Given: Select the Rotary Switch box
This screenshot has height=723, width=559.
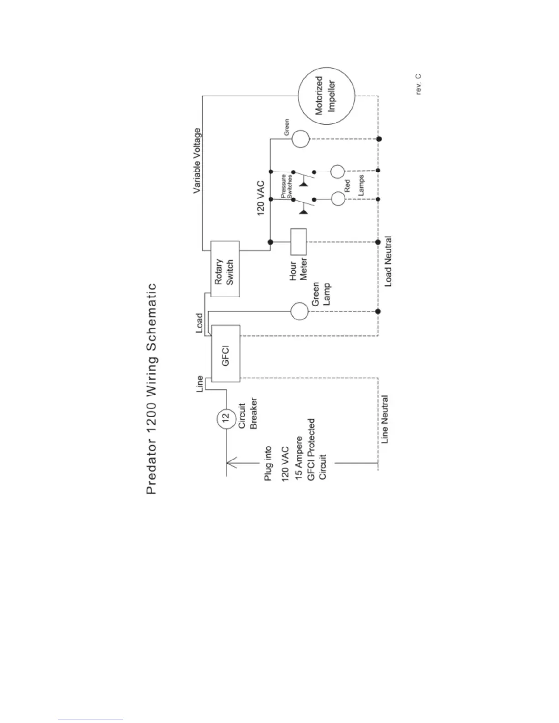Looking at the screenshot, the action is coord(225,269).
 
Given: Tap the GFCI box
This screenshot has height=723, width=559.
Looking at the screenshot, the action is coord(225,353).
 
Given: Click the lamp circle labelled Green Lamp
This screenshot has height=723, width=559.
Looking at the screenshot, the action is coord(300,312).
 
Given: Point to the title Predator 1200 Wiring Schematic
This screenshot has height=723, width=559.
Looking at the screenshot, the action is coord(152,388).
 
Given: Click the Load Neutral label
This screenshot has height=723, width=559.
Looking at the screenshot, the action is coord(388,261).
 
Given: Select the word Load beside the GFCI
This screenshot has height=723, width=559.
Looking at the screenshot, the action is coord(199,323).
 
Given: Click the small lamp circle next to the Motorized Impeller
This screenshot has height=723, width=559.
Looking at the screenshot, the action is coord(301,139).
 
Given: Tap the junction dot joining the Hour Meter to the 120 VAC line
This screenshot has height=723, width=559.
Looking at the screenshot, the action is coord(270,242).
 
